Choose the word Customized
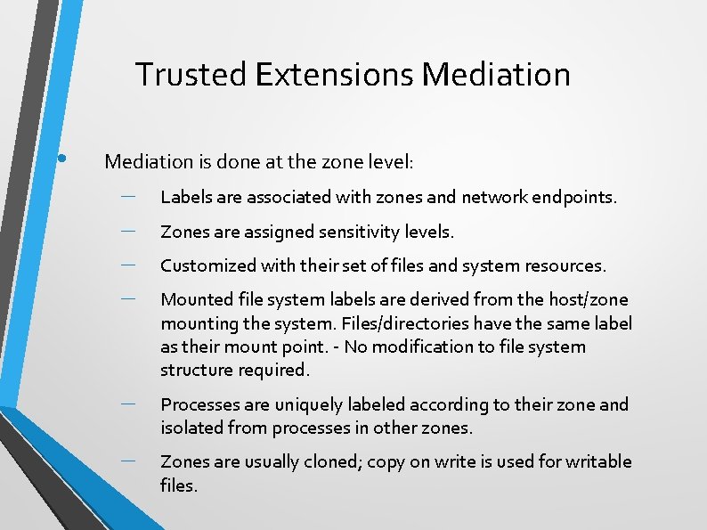pyautogui.click(x=207, y=266)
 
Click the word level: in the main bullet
pyautogui.click(x=390, y=162)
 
